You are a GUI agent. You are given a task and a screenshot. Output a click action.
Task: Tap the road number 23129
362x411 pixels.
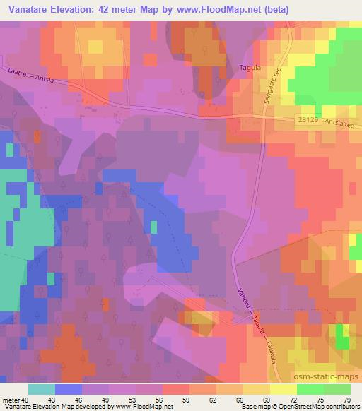coord(308,121)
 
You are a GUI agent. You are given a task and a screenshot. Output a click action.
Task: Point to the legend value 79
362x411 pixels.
coord(346,400)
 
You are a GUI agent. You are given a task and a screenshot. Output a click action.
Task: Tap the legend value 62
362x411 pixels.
coord(192,400)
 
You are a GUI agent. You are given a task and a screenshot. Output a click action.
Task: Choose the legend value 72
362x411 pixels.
coord(273,400)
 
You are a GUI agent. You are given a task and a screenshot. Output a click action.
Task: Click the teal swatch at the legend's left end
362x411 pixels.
coord(42,389)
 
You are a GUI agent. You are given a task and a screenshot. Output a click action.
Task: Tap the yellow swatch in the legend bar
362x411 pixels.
coord(284,389)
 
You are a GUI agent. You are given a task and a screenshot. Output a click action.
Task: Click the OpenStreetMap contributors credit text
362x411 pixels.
coord(312,407)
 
